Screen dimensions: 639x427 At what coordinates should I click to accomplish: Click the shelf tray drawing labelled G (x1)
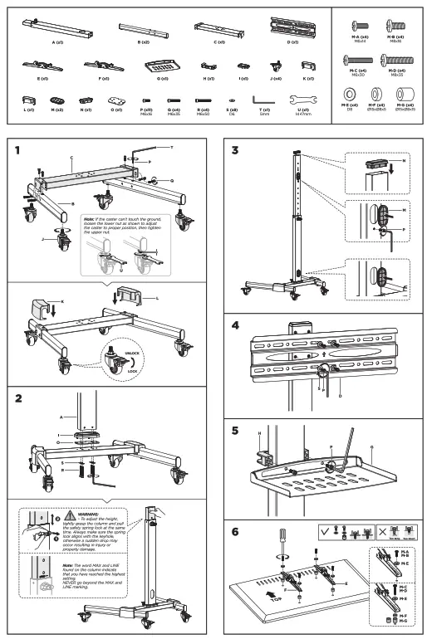click(x=162, y=66)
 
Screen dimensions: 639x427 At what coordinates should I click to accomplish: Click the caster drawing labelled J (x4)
click(x=274, y=66)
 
